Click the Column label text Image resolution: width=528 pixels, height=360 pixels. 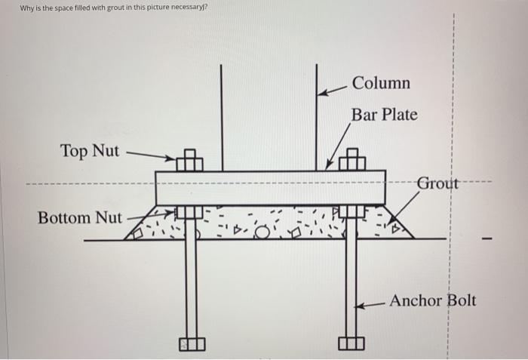(x=381, y=82)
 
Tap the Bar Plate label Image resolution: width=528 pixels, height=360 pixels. (x=384, y=115)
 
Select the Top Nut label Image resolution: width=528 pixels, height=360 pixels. (x=90, y=151)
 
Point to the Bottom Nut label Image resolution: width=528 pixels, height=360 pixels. (x=79, y=218)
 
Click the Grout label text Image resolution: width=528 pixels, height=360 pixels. (x=437, y=183)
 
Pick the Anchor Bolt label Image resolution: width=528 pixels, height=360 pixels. (x=432, y=300)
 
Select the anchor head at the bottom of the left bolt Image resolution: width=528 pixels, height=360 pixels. (x=192, y=344)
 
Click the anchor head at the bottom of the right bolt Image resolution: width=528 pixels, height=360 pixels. (x=351, y=344)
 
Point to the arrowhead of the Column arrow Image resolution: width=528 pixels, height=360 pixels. (x=321, y=93)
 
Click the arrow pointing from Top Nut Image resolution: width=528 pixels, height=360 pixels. (x=151, y=155)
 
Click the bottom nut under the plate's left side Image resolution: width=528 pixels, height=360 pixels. (x=190, y=213)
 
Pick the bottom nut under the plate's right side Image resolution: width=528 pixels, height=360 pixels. (x=351, y=213)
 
